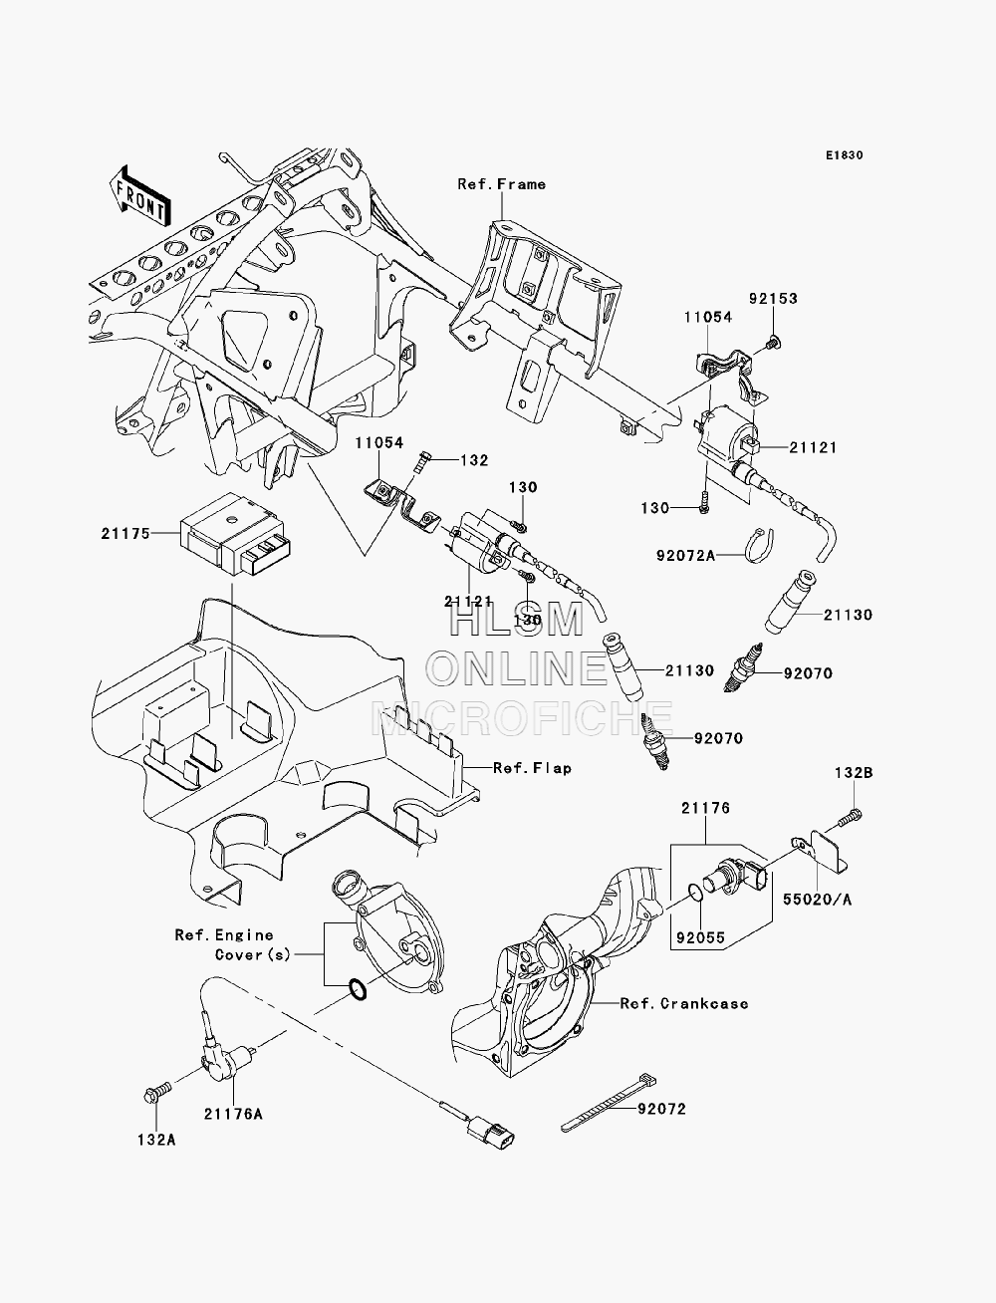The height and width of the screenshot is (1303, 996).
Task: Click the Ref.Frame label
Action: [x=502, y=184]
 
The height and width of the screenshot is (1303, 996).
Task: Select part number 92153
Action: [x=773, y=299]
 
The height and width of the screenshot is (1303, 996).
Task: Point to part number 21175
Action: [x=125, y=534]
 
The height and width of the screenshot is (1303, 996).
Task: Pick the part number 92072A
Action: [x=685, y=556]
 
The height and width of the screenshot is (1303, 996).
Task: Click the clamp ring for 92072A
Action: [x=761, y=545]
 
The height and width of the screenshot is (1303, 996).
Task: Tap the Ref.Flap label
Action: [x=533, y=768]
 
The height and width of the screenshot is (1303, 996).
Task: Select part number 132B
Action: [x=854, y=773]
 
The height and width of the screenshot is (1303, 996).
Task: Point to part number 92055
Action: [x=700, y=938]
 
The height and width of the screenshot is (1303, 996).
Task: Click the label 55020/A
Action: [x=817, y=900]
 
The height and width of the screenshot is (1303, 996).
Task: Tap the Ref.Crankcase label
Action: [x=684, y=1004]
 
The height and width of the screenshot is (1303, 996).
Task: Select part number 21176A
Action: [x=233, y=1115]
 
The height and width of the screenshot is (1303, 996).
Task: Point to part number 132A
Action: [x=156, y=1141]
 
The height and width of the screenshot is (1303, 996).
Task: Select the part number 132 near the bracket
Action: [x=474, y=460]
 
